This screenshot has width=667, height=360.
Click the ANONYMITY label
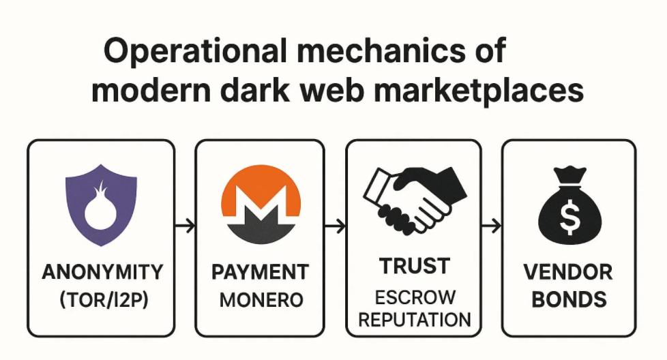click(x=102, y=272)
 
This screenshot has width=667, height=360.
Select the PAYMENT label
click(x=259, y=272)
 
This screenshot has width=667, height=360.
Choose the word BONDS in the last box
click(x=568, y=299)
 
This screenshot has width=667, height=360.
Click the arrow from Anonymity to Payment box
click(x=185, y=225)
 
